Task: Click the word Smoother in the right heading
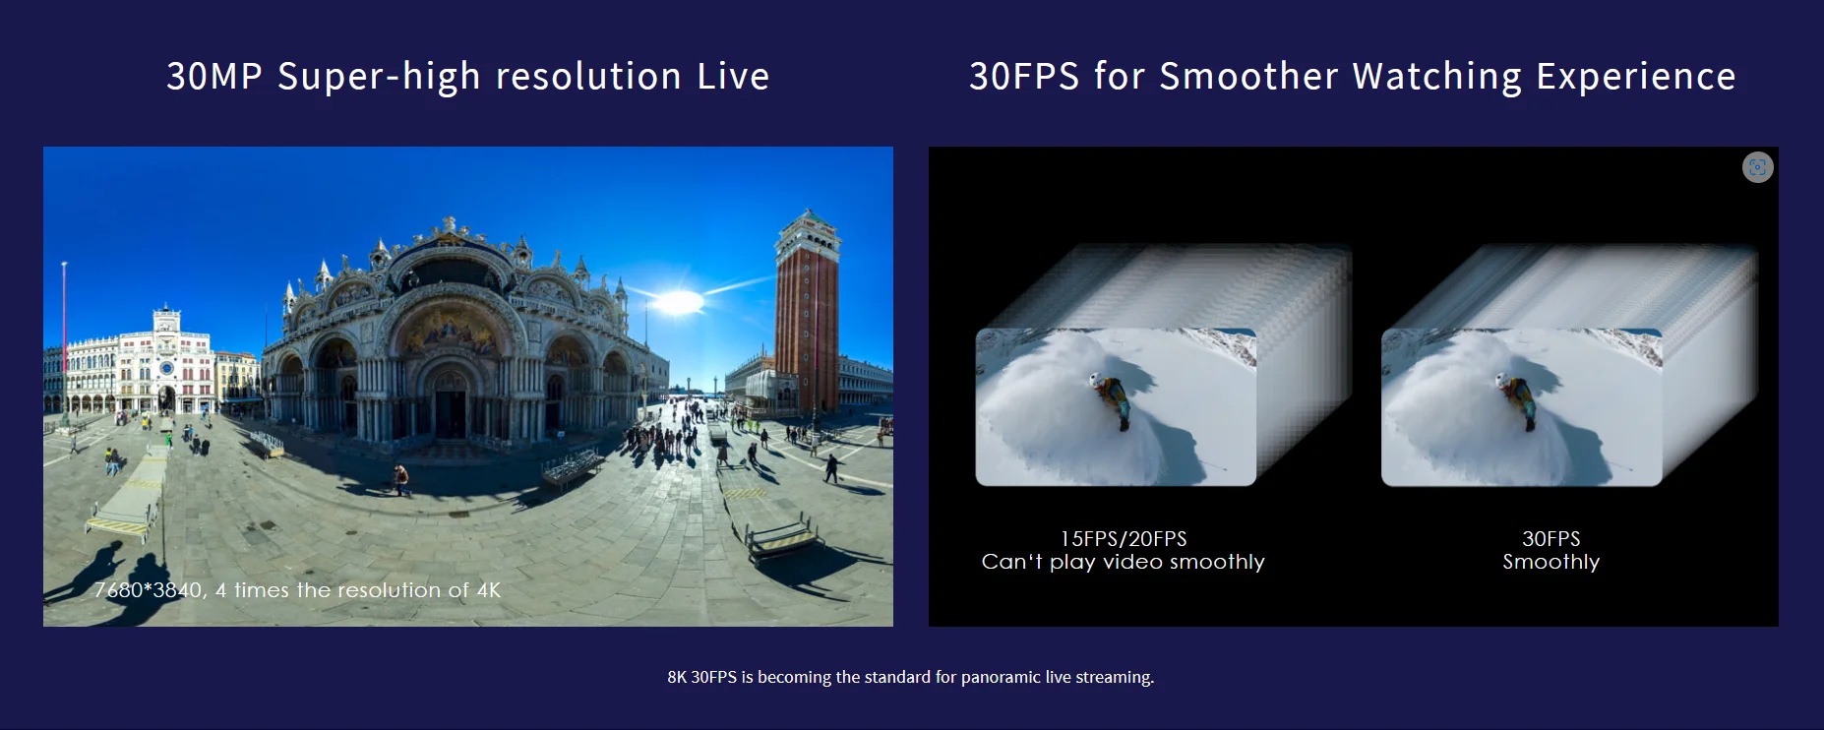pos(1248,77)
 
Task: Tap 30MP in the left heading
pos(214,77)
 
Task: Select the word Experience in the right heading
pos(1636,77)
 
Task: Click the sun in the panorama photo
pos(677,302)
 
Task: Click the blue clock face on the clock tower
pos(166,370)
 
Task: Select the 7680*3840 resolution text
pos(149,590)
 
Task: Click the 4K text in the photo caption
pos(488,590)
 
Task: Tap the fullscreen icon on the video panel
pos(1757,167)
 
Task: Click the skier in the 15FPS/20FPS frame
pos(1111,397)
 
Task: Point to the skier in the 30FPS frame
pos(1516,398)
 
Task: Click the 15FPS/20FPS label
pos(1124,539)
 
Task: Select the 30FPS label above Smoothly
pos(1551,539)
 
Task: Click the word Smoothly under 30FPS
pos(1551,563)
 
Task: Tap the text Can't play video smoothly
pos(1124,563)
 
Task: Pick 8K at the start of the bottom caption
pos(677,677)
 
